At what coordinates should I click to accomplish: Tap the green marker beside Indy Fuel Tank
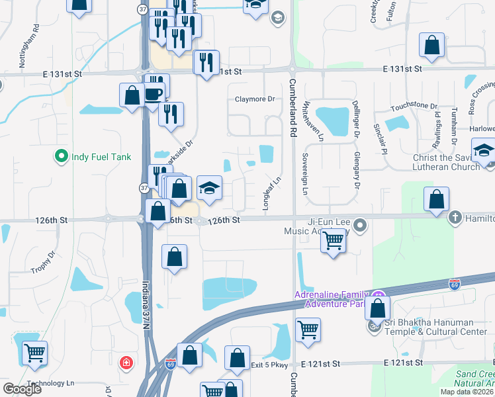click(x=62, y=157)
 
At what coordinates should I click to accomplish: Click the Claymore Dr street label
click(x=254, y=99)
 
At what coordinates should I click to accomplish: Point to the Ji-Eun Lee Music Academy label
click(x=317, y=227)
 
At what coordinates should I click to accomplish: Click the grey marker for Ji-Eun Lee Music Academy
click(x=360, y=226)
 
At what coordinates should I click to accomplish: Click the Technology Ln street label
click(x=51, y=383)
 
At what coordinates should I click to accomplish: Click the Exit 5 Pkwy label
click(x=271, y=364)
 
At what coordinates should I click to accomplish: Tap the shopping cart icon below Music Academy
click(x=334, y=240)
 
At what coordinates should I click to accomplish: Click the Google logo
click(x=22, y=388)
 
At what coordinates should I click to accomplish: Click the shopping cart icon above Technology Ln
click(x=34, y=352)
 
